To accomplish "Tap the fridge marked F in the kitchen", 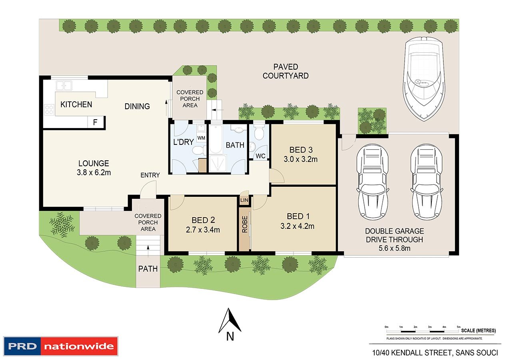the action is pyautogui.click(x=96, y=122).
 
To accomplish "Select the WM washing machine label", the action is pyautogui.click(x=201, y=138).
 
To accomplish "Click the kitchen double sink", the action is pyautogui.click(x=64, y=86).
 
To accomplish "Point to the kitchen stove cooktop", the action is pyautogui.click(x=49, y=110).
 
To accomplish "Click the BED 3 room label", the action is pyautogui.click(x=301, y=150).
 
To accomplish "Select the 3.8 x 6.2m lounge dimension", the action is pyautogui.click(x=94, y=172).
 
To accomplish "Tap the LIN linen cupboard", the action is pyautogui.click(x=244, y=200).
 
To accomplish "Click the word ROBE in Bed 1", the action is pyautogui.click(x=244, y=224).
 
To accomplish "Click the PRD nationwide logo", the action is pyautogui.click(x=61, y=346).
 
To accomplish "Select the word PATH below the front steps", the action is pyautogui.click(x=148, y=269).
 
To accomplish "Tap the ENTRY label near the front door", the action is pyautogui.click(x=150, y=175).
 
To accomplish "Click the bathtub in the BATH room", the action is pyautogui.click(x=216, y=139).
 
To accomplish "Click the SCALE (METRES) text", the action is pyautogui.click(x=478, y=330).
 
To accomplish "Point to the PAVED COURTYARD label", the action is pyautogui.click(x=285, y=71).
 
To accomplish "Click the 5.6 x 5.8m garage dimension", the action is pyautogui.click(x=395, y=248).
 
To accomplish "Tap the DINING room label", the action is pyautogui.click(x=137, y=106).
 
